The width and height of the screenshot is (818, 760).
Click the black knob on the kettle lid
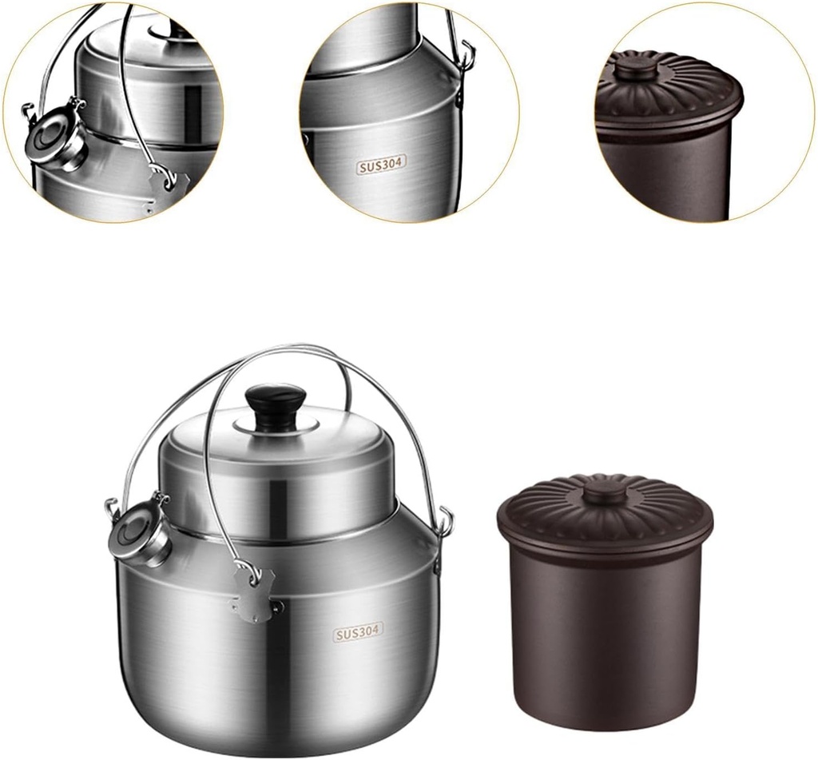[275, 404]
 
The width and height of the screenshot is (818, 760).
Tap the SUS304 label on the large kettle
[358, 633]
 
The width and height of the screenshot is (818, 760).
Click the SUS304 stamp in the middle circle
[381, 165]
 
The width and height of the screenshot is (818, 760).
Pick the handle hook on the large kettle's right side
[445, 523]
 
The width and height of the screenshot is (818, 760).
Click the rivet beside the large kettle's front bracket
[278, 607]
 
